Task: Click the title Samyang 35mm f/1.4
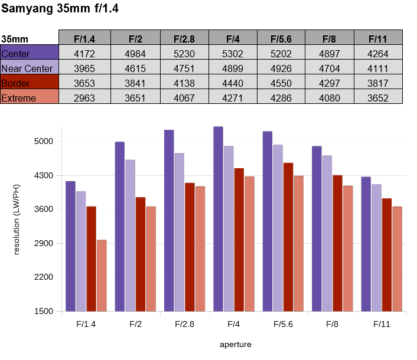pos(60,8)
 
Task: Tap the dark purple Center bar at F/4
pos(218,219)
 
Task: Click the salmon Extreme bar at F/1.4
pos(102,276)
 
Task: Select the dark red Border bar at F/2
pos(141,254)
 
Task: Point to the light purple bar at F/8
pos(327,233)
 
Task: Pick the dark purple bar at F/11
pos(366,244)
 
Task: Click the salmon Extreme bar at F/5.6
pos(299,243)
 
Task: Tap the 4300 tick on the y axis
pos(44,175)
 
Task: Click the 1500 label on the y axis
pos(44,311)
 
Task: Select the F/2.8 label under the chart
pos(184,324)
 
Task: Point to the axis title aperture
pos(236,345)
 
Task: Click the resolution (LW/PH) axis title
pos(17,220)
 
